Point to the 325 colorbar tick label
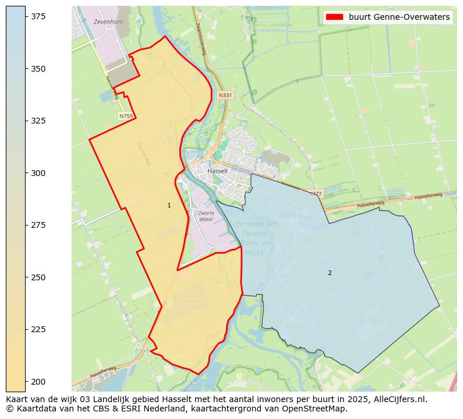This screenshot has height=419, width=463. click(x=38, y=121)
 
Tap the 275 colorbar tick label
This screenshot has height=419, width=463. click(x=38, y=225)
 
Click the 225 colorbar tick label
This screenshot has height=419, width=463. click(x=38, y=329)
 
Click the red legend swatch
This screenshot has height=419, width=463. click(x=334, y=17)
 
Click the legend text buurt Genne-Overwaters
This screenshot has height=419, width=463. click(x=399, y=17)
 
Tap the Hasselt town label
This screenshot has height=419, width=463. click(x=218, y=171)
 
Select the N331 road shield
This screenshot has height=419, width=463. click(x=225, y=95)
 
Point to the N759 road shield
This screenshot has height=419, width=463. click(x=126, y=116)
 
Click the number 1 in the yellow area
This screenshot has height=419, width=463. click(x=169, y=205)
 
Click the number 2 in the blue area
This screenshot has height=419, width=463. click(x=330, y=273)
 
